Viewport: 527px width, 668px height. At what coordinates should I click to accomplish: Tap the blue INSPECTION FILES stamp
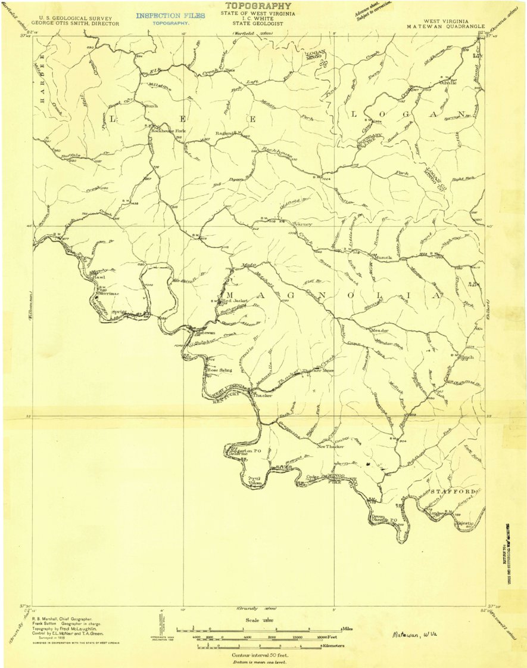170,16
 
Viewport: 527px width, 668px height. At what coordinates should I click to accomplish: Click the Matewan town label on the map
205,332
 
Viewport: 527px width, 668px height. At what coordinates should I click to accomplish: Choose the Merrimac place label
106,294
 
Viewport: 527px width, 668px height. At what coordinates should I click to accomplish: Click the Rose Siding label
219,370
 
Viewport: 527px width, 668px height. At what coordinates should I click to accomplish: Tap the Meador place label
379,330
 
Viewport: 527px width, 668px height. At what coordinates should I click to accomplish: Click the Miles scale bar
258,630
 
